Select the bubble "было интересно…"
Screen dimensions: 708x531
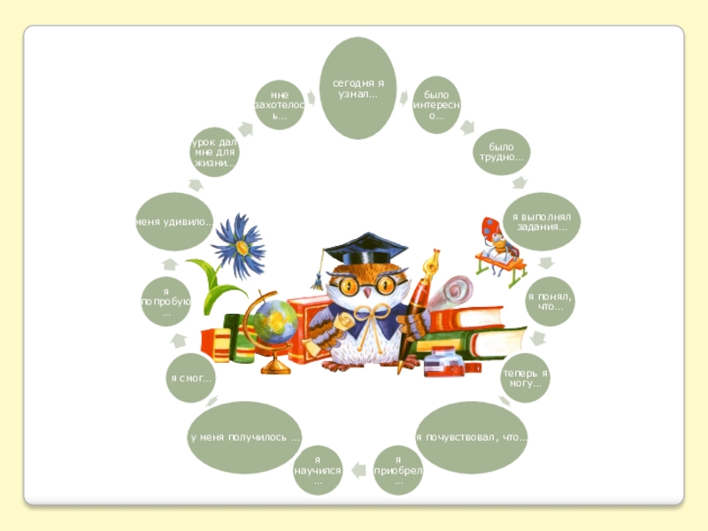click(436, 104)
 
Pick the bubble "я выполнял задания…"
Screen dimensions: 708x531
click(542, 220)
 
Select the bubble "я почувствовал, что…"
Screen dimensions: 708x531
click(471, 436)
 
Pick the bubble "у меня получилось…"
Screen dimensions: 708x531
click(244, 437)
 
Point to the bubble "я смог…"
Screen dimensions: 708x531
click(192, 378)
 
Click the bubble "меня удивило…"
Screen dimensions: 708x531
click(173, 220)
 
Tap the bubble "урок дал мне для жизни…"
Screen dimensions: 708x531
click(214, 151)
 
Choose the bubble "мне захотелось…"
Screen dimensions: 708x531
click(280, 104)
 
